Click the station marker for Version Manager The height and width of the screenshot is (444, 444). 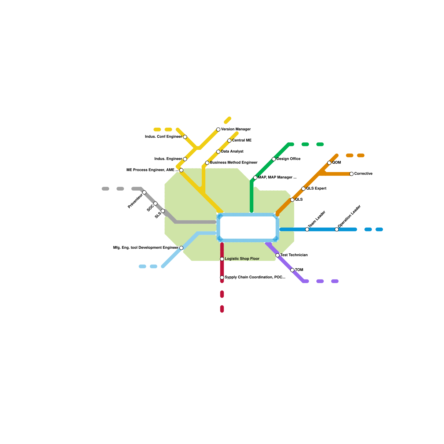218,130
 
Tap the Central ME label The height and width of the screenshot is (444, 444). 242,140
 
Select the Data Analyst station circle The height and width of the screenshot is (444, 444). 218,152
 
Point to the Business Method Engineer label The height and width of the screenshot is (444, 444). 233,163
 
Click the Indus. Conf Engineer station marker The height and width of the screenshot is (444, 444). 185,137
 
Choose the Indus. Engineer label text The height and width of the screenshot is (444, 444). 168,159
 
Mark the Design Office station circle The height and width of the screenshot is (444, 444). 274,159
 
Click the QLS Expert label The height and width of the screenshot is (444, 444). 316,189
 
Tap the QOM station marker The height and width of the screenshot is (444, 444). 329,163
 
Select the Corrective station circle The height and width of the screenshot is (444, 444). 352,174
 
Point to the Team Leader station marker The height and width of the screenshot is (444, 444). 307,229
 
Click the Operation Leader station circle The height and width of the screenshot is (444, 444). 337,229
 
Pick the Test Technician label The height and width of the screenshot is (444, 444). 294,255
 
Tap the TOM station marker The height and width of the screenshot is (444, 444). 292,270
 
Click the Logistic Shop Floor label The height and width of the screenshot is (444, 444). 242,259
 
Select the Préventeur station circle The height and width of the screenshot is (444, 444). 144,193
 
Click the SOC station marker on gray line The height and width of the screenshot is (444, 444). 155,204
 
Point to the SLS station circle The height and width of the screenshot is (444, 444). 163,211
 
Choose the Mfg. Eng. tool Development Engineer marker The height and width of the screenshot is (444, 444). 181,248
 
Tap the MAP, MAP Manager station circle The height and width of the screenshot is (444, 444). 255,178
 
